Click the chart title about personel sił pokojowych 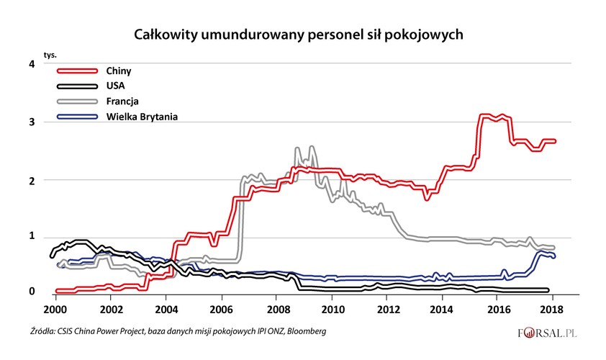[x=303, y=34]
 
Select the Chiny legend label [x=119, y=71]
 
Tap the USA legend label [x=115, y=86]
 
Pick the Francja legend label [x=122, y=101]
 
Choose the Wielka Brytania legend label [x=141, y=116]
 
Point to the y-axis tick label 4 [x=31, y=64]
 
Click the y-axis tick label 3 [x=31, y=122]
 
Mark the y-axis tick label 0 [x=31, y=291]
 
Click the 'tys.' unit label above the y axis [x=50, y=55]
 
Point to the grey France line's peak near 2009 [x=311, y=148]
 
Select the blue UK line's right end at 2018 [x=553, y=256]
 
